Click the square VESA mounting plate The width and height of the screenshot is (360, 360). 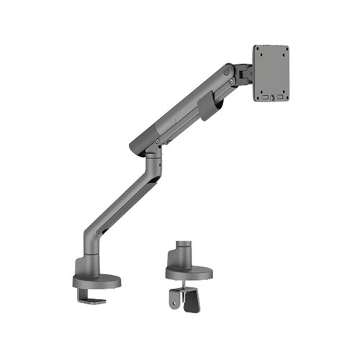point(271,73)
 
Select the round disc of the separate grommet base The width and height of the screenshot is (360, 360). point(189,272)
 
